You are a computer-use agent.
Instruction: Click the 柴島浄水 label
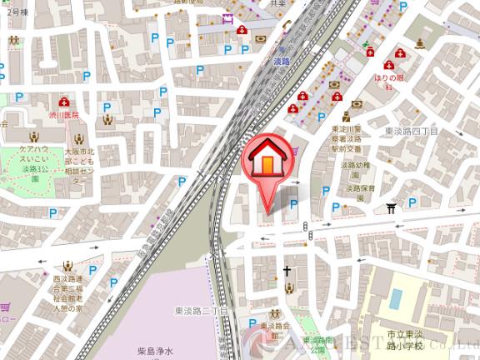(156, 352)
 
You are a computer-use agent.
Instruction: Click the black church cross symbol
(287, 270)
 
